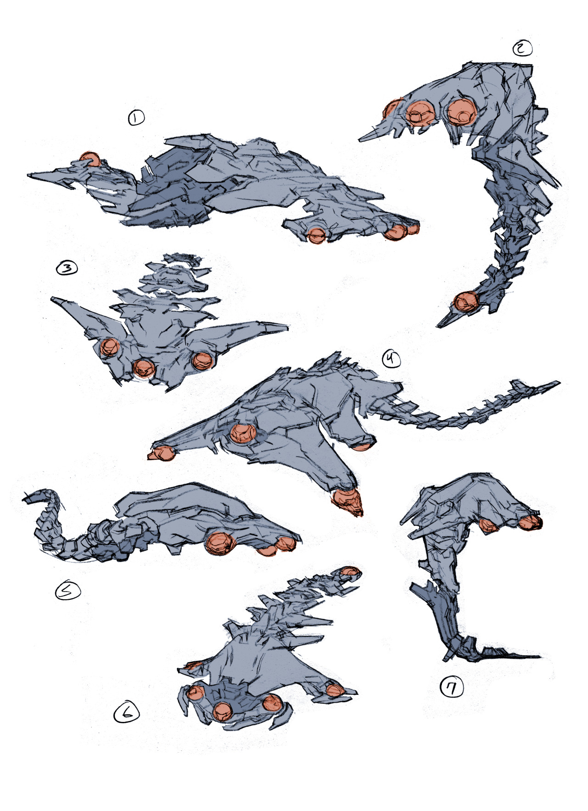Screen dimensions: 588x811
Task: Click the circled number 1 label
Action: (x=136, y=118)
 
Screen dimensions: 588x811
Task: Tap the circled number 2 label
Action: (x=522, y=48)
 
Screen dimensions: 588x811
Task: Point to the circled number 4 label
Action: (x=391, y=358)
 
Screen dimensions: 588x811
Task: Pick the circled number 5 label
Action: (x=68, y=591)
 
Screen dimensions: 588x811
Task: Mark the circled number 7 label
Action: (x=452, y=687)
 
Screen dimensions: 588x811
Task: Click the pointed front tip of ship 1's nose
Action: (x=28, y=175)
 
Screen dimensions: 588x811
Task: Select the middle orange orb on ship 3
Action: (x=144, y=367)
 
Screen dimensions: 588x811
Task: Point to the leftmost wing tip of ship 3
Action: (x=52, y=299)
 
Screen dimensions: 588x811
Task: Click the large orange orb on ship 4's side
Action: (x=243, y=433)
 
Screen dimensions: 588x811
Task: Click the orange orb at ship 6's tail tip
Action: (x=350, y=572)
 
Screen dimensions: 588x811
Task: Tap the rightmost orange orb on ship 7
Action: (x=532, y=522)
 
